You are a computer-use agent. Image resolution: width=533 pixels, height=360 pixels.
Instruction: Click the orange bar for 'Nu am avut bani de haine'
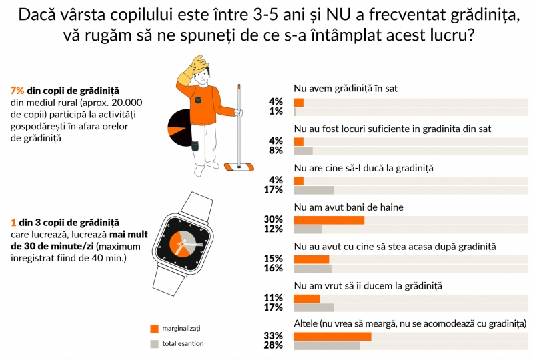click(329, 220)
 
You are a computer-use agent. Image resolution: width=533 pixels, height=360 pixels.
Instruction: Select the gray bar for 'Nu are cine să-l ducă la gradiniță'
click(314, 190)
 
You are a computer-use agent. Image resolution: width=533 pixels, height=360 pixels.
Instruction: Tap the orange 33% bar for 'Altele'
click(332, 336)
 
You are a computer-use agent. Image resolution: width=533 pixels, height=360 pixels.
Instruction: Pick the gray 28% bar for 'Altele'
click(326, 345)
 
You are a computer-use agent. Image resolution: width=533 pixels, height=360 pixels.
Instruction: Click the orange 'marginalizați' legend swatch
click(154, 329)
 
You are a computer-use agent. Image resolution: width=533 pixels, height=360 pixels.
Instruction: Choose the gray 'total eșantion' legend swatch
click(154, 344)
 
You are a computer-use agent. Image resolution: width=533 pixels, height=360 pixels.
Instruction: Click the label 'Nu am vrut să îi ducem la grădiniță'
click(368, 286)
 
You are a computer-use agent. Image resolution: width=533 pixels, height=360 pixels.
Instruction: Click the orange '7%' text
click(18, 90)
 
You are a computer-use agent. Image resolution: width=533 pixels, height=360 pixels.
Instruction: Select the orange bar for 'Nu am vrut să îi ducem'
click(306, 299)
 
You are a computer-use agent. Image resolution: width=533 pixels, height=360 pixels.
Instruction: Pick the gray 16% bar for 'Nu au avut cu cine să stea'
click(312, 269)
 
